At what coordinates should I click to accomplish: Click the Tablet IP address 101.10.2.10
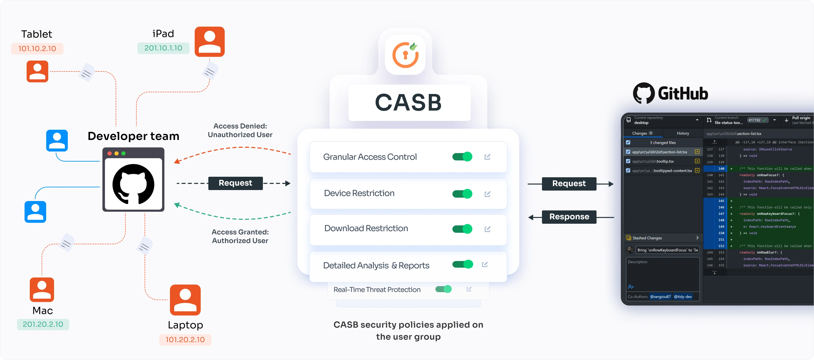pyautogui.click(x=37, y=49)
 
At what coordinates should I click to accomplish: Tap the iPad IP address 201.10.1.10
pyautogui.click(x=163, y=48)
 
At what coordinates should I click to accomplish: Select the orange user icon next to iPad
pyautogui.click(x=209, y=42)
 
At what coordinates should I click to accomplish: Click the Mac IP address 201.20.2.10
pyautogui.click(x=43, y=324)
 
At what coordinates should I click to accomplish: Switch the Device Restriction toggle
pyautogui.click(x=462, y=194)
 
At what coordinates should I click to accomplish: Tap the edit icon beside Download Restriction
pyautogui.click(x=487, y=229)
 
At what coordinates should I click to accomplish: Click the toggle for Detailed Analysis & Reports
pyautogui.click(x=462, y=264)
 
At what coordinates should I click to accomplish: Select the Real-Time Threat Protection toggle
pyautogui.click(x=443, y=289)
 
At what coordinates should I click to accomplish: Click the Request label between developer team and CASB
pyautogui.click(x=235, y=183)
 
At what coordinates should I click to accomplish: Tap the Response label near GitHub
pyautogui.click(x=569, y=217)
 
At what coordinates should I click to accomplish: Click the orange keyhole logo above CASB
pyautogui.click(x=405, y=55)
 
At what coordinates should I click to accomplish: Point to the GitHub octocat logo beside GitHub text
pyautogui.click(x=643, y=93)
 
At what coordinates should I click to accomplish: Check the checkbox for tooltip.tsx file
pyautogui.click(x=628, y=161)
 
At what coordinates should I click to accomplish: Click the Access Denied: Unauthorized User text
pyautogui.click(x=240, y=131)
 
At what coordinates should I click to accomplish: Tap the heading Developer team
pyautogui.click(x=133, y=136)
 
